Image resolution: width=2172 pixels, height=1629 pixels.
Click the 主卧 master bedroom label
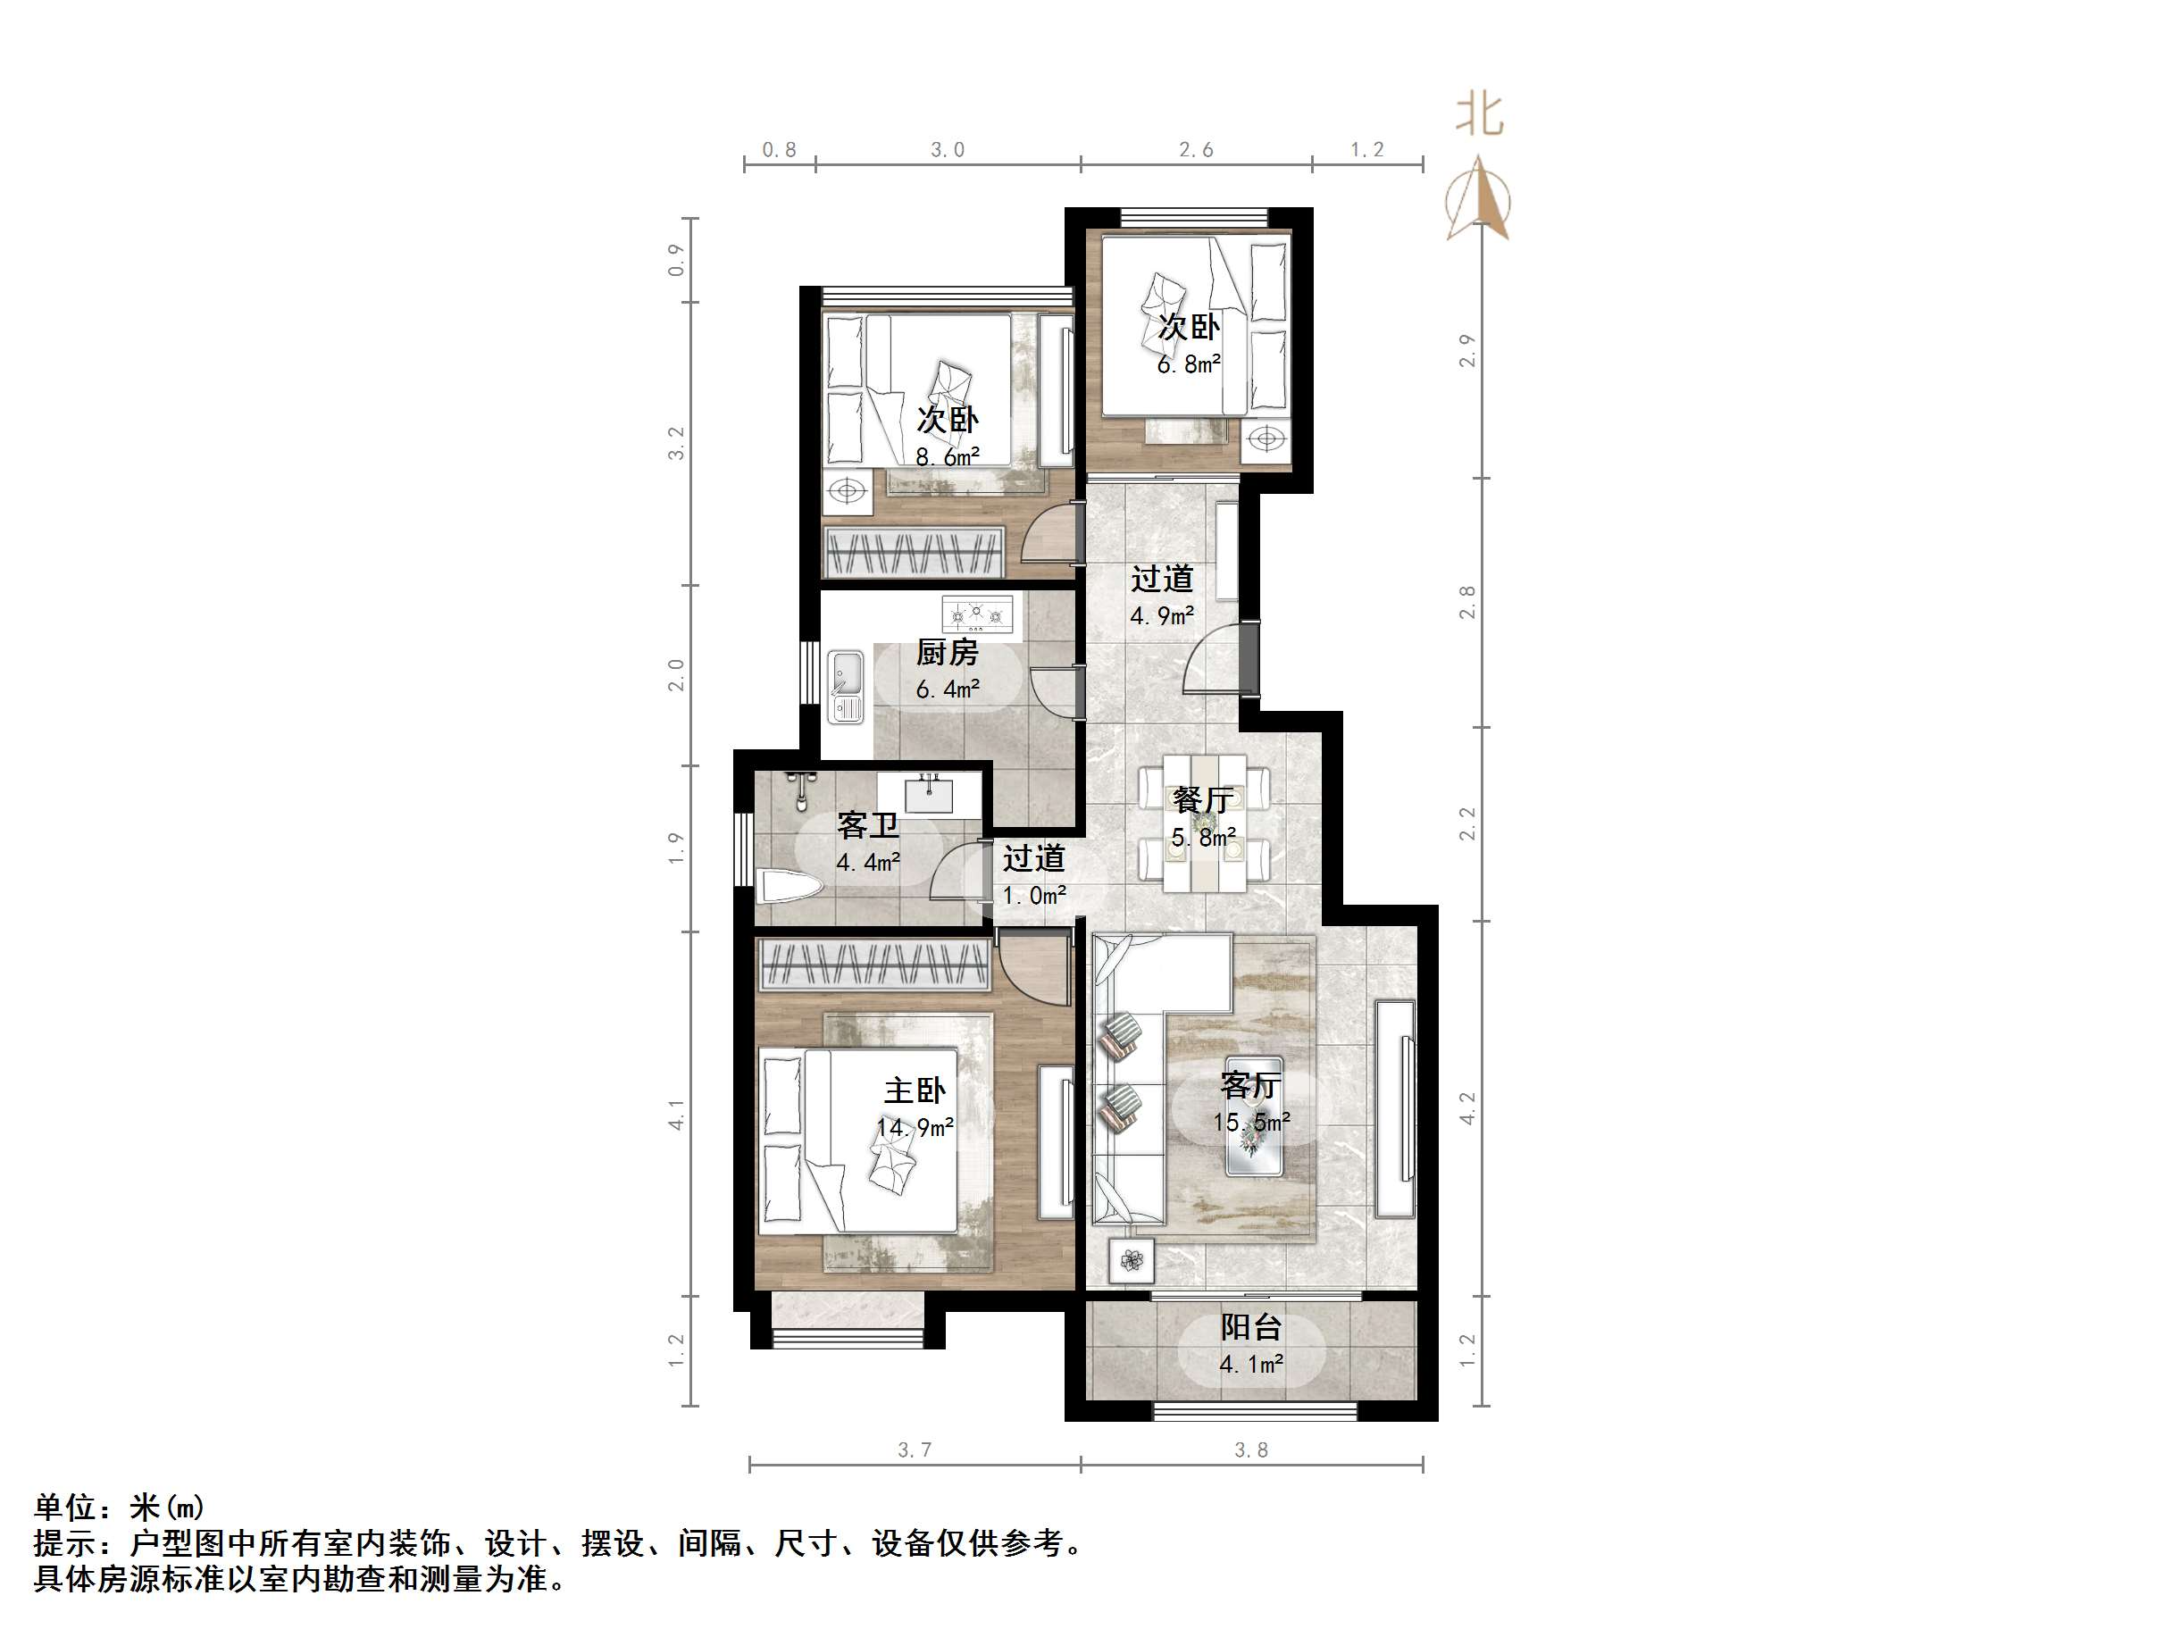(915, 1090)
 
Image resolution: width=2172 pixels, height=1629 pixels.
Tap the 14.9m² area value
(915, 1127)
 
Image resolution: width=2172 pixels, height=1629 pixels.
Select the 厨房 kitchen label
(947, 652)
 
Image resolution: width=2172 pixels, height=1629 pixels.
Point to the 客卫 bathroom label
(867, 825)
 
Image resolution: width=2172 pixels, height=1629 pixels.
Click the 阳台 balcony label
(1251, 1327)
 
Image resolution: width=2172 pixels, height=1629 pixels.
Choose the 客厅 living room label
(1250, 1085)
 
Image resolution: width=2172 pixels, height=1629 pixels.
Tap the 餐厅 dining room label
(1202, 799)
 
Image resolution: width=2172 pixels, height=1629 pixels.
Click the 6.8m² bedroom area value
(1188, 364)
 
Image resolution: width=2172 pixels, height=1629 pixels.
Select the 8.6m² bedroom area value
(947, 456)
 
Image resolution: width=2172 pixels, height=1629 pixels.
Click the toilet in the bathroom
(790, 890)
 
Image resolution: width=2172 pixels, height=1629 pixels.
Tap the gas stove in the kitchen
(976, 615)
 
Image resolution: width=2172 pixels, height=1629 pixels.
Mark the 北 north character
(1479, 115)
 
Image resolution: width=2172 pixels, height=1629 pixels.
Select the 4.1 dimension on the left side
(675, 1115)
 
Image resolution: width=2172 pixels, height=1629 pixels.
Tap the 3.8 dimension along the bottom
(1251, 1449)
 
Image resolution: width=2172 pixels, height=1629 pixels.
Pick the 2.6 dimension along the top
(1195, 149)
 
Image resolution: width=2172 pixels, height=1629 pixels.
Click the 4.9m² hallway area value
(1162, 615)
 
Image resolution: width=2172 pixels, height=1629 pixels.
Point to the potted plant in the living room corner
(1132, 1260)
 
